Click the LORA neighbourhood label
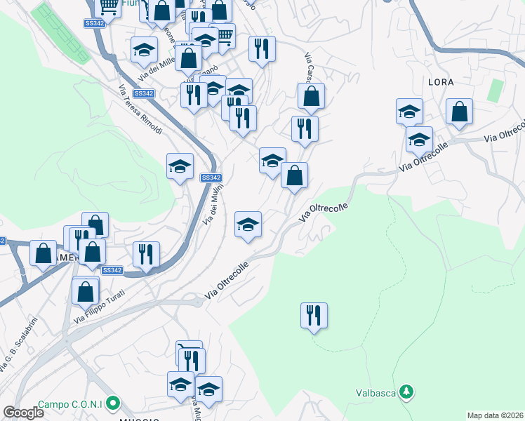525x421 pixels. (441, 82)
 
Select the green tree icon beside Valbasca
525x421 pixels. (406, 392)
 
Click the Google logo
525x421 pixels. (23, 413)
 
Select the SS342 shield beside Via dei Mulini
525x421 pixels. (211, 178)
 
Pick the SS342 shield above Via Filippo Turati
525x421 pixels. (112, 271)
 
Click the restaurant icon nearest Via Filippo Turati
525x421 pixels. (146, 255)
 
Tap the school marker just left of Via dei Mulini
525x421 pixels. (180, 166)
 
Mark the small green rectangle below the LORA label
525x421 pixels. (496, 90)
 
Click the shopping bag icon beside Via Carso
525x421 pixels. (311, 97)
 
